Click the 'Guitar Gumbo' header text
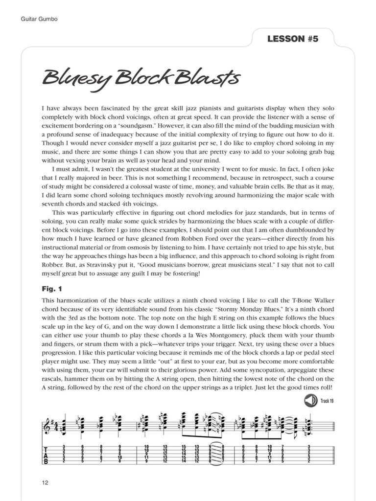pyautogui.click(x=40, y=19)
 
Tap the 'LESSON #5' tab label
pyautogui.click(x=293, y=39)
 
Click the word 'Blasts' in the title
pyautogui.click(x=215, y=78)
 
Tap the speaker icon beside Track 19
pyautogui.click(x=310, y=401)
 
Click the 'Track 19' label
pyautogui.click(x=327, y=401)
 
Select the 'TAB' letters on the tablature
pyautogui.click(x=46, y=455)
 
